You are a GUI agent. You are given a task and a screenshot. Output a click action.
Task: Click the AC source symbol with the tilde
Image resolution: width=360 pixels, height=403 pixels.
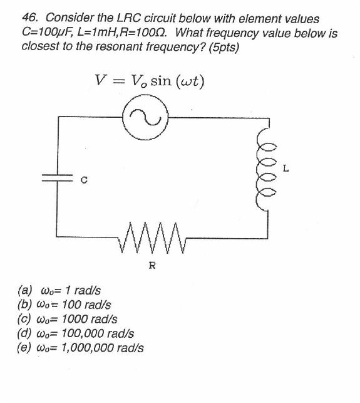145,117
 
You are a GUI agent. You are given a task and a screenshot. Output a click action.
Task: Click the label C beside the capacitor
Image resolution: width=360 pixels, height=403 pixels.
83,182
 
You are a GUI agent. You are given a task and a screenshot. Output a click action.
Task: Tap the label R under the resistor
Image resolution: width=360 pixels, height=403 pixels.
152,265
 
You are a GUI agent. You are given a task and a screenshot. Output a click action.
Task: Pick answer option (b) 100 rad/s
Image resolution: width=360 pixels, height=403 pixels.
65,305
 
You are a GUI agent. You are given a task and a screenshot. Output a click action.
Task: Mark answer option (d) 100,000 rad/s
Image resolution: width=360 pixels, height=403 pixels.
76,333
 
